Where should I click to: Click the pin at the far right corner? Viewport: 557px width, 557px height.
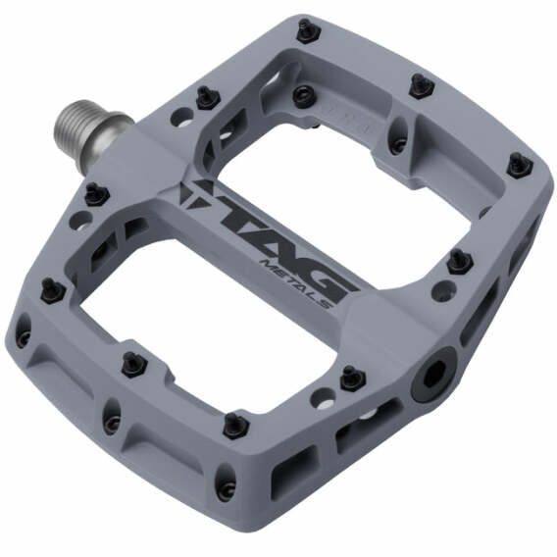[x=518, y=165]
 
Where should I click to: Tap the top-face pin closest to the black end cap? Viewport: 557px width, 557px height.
[x=351, y=377]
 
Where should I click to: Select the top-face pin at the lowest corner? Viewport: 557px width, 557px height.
[x=233, y=425]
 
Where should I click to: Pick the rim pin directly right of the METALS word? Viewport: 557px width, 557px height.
[x=457, y=261]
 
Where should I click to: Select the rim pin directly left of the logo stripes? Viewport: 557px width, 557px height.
[x=96, y=193]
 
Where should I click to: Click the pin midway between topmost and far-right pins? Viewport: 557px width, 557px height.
[x=421, y=84]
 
